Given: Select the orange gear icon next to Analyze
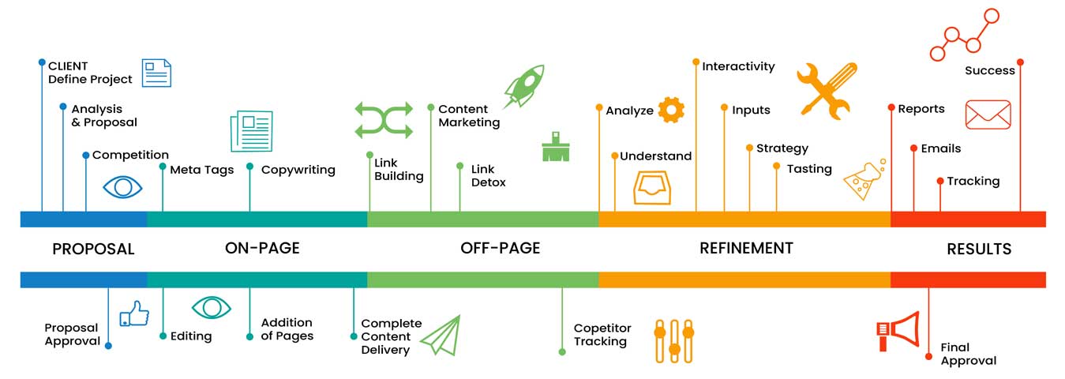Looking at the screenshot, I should (x=671, y=110).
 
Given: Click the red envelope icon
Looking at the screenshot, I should (x=988, y=114).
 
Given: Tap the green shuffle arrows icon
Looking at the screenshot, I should (x=384, y=120).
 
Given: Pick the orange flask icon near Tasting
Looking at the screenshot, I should (x=864, y=179).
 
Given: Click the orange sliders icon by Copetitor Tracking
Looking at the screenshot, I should (x=674, y=340).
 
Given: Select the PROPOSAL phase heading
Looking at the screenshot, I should (x=93, y=249).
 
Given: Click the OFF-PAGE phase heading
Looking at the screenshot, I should (x=501, y=248).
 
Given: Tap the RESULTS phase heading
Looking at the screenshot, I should (x=979, y=249).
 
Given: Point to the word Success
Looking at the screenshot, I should (x=989, y=70).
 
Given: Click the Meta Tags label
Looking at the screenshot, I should (x=202, y=170).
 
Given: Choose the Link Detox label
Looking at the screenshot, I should (x=488, y=175).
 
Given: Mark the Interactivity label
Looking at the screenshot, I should (x=738, y=66).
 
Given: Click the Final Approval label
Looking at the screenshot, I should (x=968, y=354).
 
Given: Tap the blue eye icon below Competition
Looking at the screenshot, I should (x=123, y=187).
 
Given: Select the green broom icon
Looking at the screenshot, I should (x=556, y=146).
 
